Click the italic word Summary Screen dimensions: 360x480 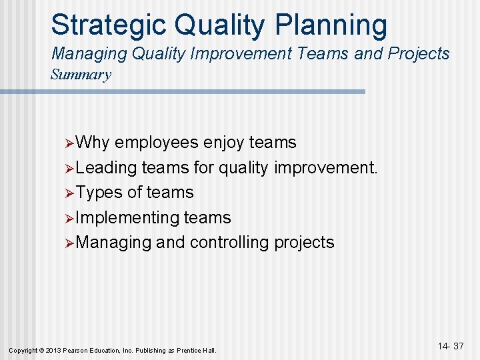(x=81, y=75)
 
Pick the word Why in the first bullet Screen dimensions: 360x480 (x=93, y=143)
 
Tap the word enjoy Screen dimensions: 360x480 (x=223, y=143)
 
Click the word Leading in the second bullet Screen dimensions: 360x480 (x=107, y=168)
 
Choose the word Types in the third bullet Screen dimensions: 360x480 (x=99, y=193)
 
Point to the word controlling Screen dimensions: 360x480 (x=229, y=243)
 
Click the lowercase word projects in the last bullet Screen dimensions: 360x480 (x=304, y=243)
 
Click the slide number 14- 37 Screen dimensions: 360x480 (x=451, y=347)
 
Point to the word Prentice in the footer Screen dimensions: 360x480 (x=190, y=350)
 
